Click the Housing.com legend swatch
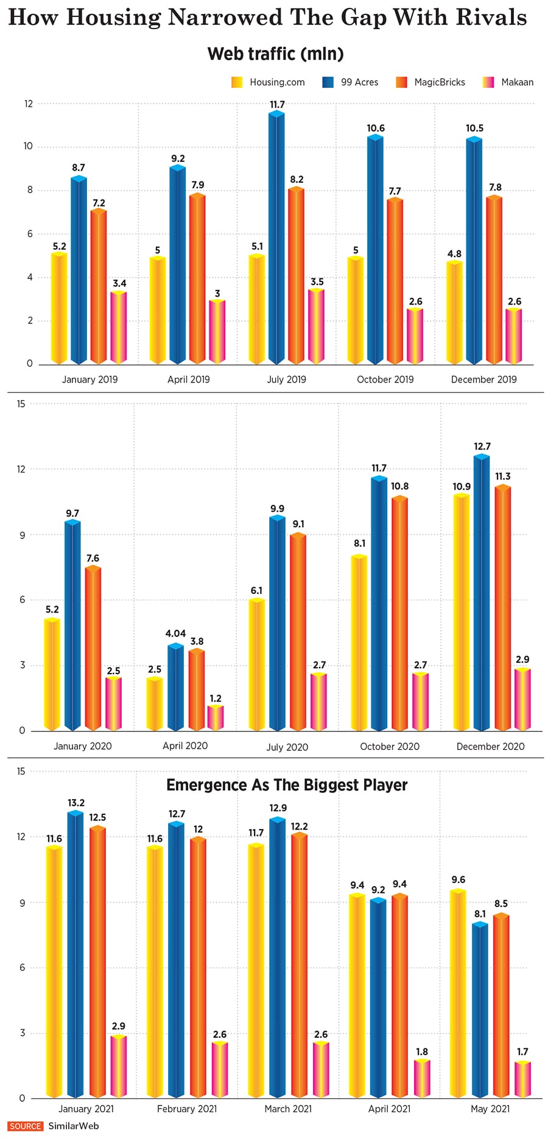237,82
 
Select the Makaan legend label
517,82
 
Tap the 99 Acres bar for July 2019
277,238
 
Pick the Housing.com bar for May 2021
458,993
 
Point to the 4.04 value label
175,633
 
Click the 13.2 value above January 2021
76,803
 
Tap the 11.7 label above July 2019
277,105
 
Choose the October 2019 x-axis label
385,379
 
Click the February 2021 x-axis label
187,1109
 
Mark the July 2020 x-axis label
287,747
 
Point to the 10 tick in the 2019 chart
28,146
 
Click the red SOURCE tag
26,1126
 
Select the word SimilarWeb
73,1126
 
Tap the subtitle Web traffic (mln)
275,54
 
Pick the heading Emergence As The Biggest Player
287,785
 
